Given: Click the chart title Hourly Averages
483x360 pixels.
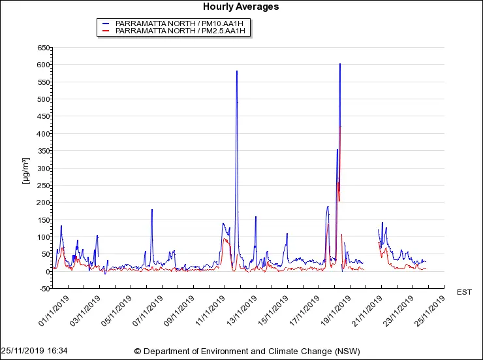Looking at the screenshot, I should coord(241,7).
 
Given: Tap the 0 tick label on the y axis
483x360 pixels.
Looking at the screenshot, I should coord(47,272).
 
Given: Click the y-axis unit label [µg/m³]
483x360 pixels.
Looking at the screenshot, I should coord(26,171).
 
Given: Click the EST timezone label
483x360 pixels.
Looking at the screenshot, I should coord(463,292).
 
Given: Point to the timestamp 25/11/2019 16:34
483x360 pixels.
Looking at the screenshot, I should coord(34,351).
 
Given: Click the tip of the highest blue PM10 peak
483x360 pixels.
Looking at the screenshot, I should coord(340,64).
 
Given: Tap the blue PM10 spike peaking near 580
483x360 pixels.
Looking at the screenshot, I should coord(237,71).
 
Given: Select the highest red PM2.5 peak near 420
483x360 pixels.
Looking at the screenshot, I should coord(341,127).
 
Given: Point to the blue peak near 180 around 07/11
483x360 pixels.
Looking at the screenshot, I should coord(152,210).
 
